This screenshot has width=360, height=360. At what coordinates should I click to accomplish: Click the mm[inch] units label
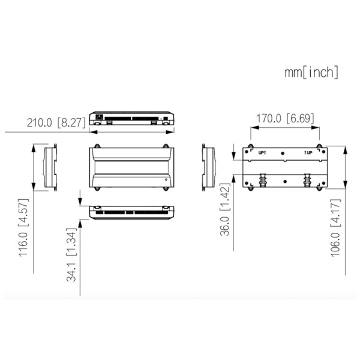coord(311,73)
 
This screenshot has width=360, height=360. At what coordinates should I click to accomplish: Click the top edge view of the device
coord(132,117)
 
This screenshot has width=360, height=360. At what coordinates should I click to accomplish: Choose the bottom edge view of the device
coord(132,212)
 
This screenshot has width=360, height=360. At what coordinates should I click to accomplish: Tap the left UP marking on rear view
coord(262,154)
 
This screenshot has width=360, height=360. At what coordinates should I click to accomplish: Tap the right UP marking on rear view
coord(308,154)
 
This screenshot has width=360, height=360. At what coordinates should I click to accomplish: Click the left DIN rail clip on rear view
coord(262,179)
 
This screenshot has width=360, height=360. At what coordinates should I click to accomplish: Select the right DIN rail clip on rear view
coord(308,179)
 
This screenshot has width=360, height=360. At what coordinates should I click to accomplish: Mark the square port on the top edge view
coord(99,116)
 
